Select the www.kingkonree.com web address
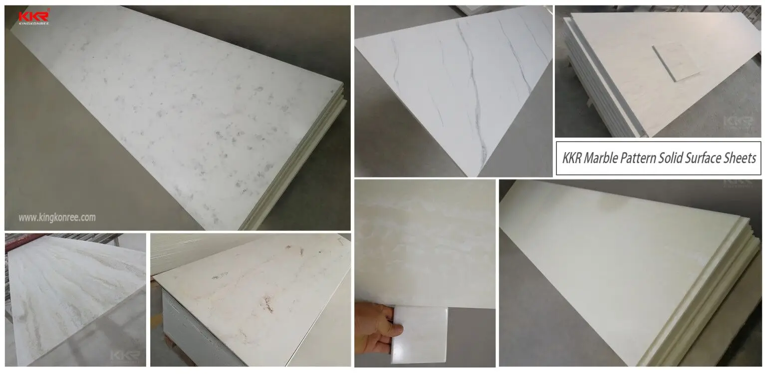pos(57,217)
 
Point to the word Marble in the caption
pos(605,159)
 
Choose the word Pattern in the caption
pos(643,159)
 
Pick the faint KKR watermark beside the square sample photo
pos(741,123)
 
